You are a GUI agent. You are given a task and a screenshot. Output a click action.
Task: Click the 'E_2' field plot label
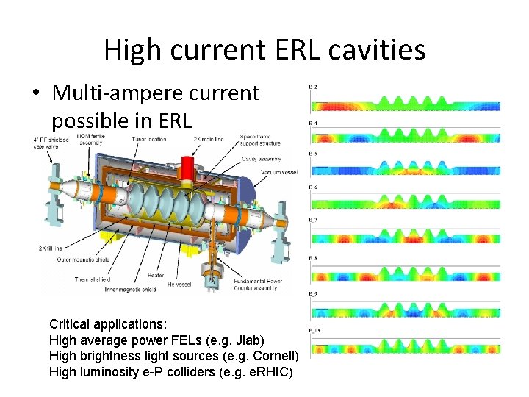pyautogui.click(x=313, y=87)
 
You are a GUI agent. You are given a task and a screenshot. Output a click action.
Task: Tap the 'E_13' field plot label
pyautogui.click(x=314, y=331)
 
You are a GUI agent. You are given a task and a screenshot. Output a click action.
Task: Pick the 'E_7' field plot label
pyautogui.click(x=313, y=221)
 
